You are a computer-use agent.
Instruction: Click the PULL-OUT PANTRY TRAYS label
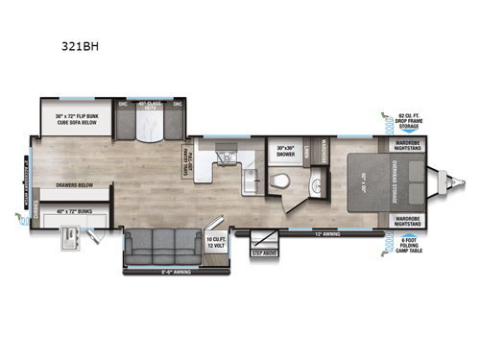pos(190,154)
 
